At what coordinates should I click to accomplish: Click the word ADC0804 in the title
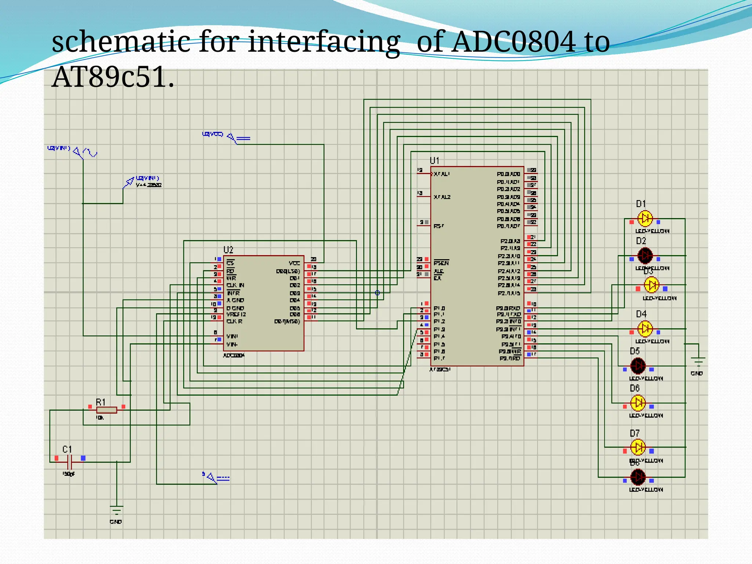pyautogui.click(x=513, y=42)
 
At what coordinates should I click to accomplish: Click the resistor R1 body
pyautogui.click(x=106, y=410)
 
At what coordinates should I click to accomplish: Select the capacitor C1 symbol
pyautogui.click(x=70, y=462)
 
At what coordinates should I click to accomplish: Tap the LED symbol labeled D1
pyautogui.click(x=645, y=218)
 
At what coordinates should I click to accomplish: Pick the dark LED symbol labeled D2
pyautogui.click(x=645, y=256)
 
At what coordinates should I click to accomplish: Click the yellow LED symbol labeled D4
pyautogui.click(x=645, y=329)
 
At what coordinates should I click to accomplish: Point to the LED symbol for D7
pyautogui.click(x=638, y=447)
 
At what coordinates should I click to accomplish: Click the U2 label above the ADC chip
pyautogui.click(x=228, y=250)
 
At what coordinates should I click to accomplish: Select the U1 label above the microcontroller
pyautogui.click(x=434, y=160)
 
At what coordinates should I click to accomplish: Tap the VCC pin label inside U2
pyautogui.click(x=294, y=263)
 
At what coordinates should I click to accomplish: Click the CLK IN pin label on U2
pyautogui.click(x=235, y=285)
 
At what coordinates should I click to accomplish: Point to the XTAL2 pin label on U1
pyautogui.click(x=442, y=197)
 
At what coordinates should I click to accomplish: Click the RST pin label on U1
pyautogui.click(x=438, y=226)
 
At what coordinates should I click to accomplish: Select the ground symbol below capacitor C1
pyautogui.click(x=116, y=510)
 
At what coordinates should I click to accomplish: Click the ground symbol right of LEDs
pyautogui.click(x=698, y=362)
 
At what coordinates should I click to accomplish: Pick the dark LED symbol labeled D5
pyautogui.click(x=638, y=366)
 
